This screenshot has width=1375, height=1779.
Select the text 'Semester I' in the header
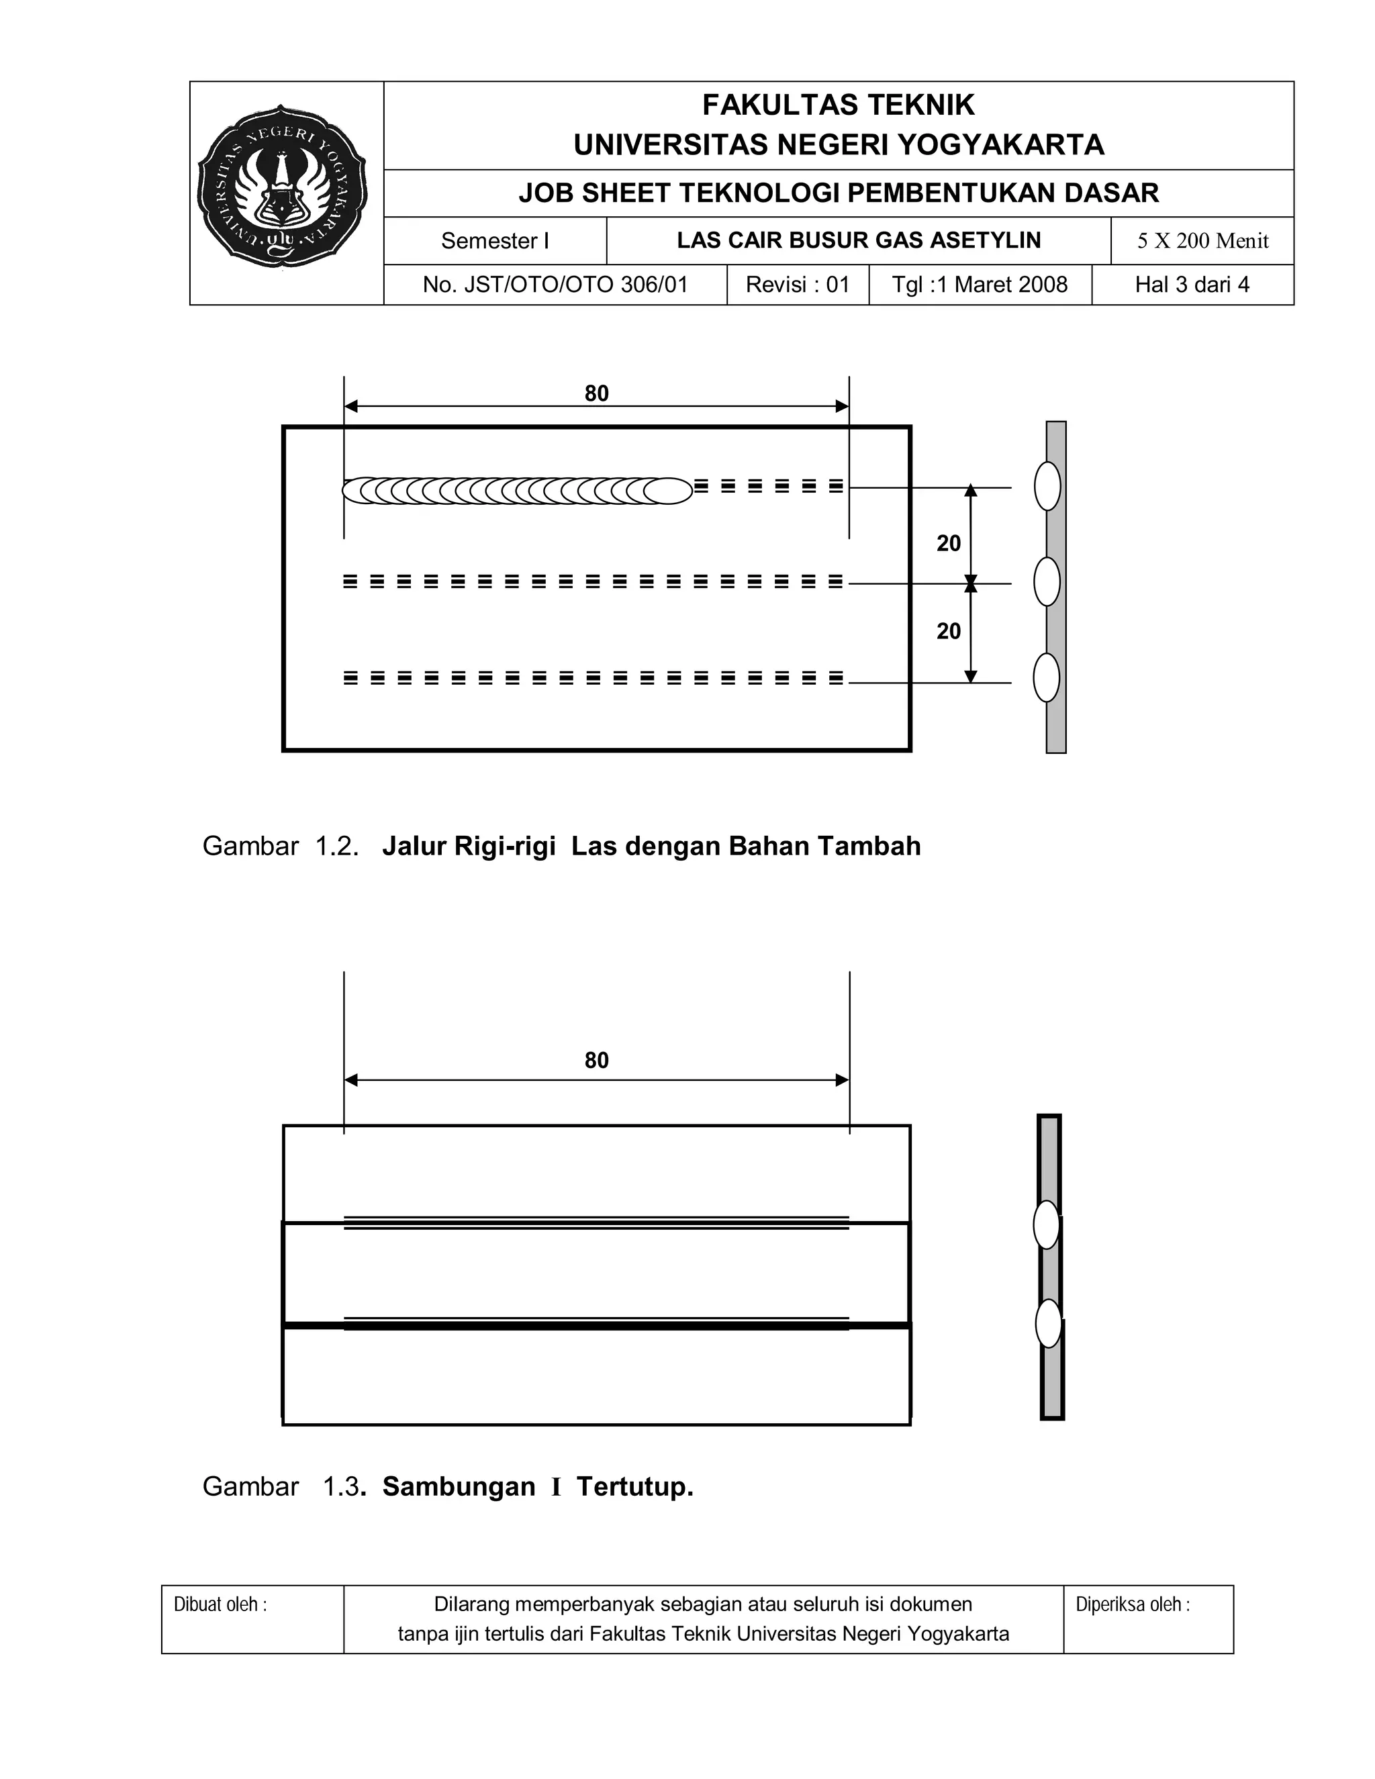coord(494,241)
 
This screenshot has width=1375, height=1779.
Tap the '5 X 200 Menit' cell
coord(1202,241)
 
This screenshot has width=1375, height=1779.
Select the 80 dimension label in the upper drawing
coord(596,393)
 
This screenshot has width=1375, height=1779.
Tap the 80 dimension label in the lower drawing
coord(596,1060)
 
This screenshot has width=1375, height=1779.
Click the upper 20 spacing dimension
coord(948,543)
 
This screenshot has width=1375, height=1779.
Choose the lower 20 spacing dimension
coord(948,631)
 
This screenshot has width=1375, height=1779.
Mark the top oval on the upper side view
coord(1047,486)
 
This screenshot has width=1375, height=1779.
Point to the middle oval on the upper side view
coord(1047,581)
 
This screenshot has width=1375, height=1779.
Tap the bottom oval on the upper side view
coord(1047,678)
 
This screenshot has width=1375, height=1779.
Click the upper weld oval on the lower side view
coord(1047,1224)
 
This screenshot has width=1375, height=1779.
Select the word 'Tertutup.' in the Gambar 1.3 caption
coord(634,1486)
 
